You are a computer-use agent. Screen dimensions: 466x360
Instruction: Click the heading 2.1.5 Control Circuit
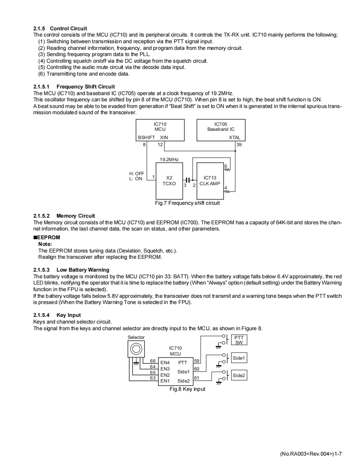(60, 29)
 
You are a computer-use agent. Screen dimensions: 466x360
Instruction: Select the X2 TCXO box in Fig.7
(169, 181)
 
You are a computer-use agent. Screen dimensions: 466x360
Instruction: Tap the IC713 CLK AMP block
(210, 181)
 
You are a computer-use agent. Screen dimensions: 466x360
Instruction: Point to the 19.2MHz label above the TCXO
(169, 159)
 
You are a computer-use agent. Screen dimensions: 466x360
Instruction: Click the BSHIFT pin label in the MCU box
(146, 137)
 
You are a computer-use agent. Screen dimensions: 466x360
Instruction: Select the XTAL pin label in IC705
(234, 137)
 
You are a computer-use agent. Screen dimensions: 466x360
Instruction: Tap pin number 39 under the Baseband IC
(239, 145)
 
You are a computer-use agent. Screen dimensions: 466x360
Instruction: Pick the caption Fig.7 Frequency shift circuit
(187, 203)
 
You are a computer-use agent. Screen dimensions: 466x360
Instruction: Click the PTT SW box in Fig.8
(239, 340)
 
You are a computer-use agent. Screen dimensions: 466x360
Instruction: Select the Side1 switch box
(239, 358)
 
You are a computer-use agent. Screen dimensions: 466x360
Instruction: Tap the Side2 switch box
(239, 375)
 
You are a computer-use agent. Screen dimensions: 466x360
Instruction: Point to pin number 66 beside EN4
(153, 361)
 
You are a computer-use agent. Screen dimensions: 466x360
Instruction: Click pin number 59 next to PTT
(197, 361)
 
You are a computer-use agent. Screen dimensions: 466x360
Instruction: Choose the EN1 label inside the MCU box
(165, 381)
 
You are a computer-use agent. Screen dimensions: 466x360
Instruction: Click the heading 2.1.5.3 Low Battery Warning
(71, 270)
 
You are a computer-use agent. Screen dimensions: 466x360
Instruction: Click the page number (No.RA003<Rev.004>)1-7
(311, 454)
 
